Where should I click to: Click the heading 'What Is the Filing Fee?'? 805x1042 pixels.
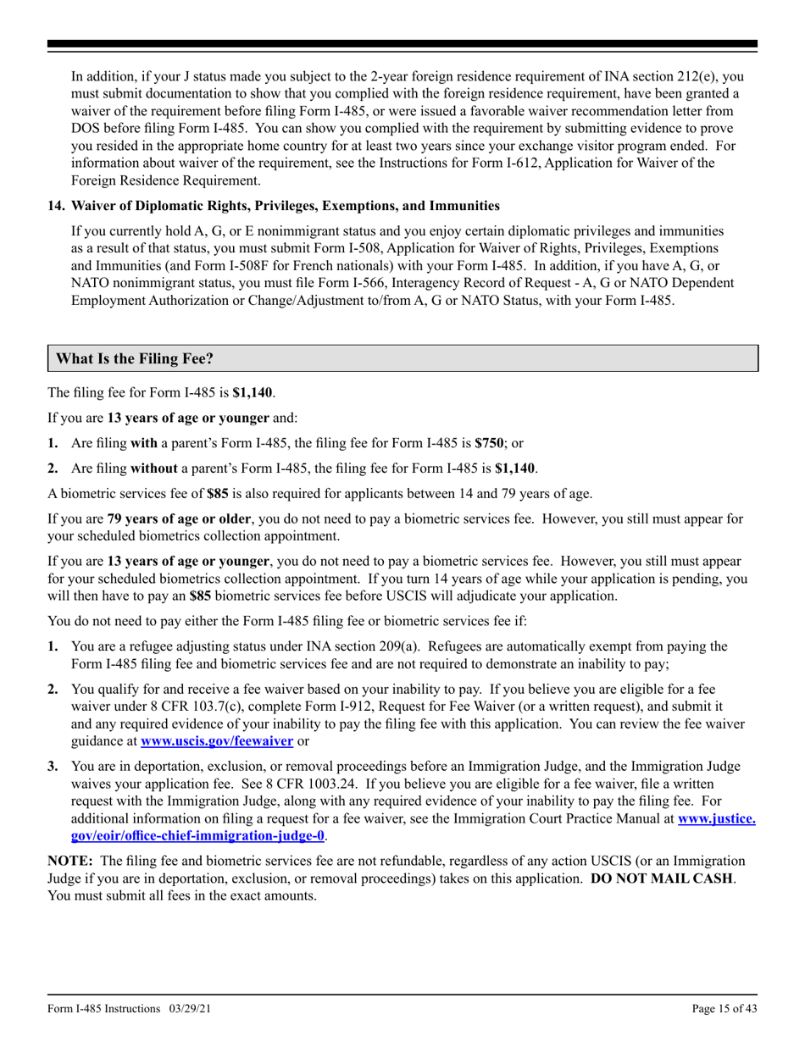tap(135, 359)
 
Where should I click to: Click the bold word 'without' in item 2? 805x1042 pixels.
tap(154, 467)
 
